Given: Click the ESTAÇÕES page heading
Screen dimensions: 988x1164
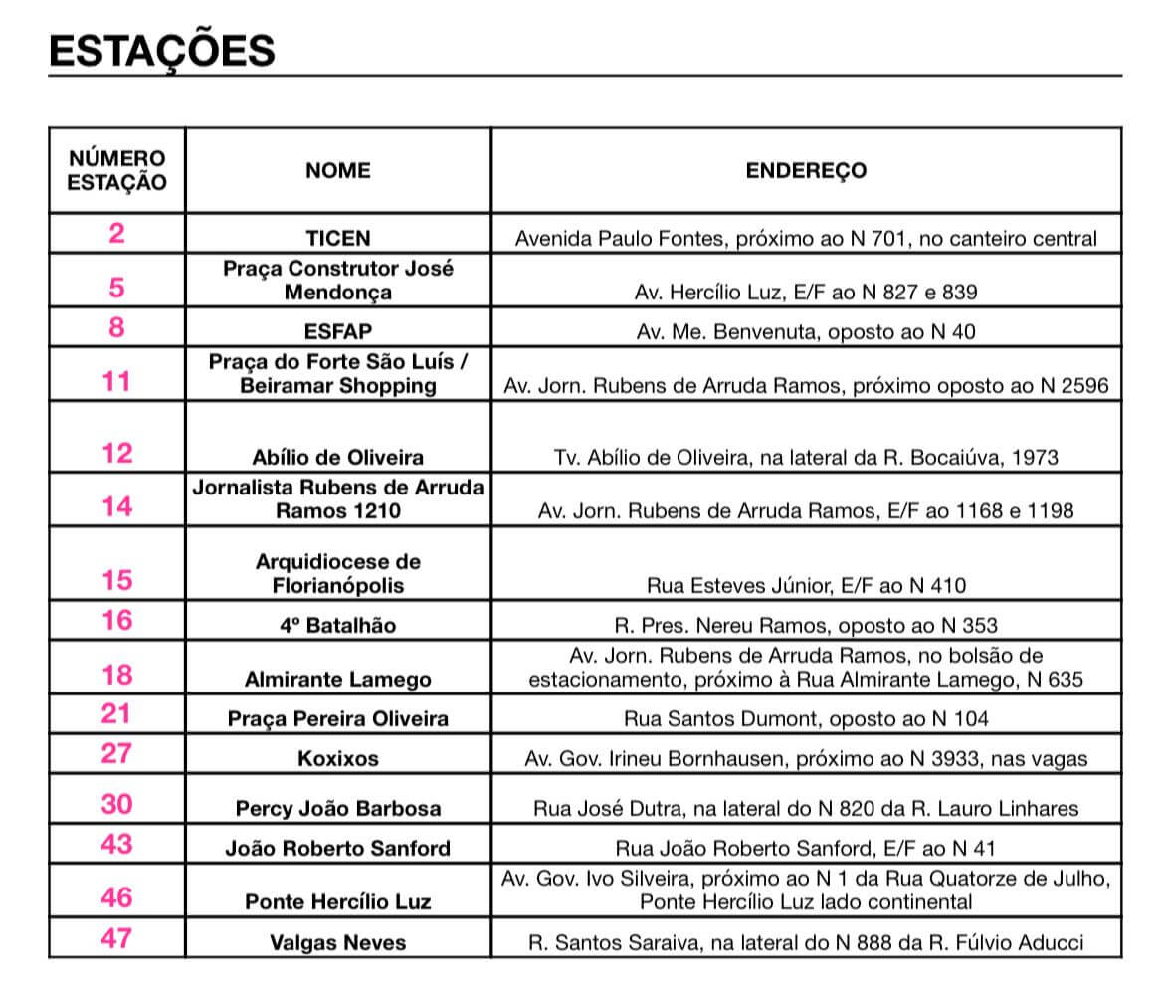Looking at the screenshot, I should coord(162,49).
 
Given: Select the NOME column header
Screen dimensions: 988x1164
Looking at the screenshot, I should coord(338,170).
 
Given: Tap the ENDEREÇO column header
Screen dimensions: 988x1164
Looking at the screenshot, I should coord(806,170).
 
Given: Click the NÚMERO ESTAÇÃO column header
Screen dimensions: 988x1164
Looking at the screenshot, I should coord(117,170).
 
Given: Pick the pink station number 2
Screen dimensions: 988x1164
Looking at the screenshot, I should coord(117,234).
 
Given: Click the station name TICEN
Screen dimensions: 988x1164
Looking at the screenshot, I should coord(338,239).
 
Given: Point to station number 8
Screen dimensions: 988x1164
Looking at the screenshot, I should coord(117,327).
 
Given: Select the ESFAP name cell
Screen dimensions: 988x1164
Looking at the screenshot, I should coord(338,331).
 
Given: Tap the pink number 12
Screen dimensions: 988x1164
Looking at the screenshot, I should coord(117,454).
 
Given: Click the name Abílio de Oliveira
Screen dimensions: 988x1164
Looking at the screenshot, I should coord(338,458).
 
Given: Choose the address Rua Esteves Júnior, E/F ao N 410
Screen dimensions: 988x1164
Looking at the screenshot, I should coord(806,585).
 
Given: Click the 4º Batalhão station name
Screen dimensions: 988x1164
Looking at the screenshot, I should coord(338,625).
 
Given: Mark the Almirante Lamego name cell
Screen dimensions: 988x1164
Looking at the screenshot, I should coord(338,680).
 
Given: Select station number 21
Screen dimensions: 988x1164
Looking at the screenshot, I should coord(117,713).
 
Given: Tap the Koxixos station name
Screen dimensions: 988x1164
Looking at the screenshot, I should coord(338,758).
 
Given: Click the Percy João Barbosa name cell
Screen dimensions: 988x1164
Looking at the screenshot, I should coord(338,808).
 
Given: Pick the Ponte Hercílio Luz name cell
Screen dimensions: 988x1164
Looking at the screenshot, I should coord(338,902).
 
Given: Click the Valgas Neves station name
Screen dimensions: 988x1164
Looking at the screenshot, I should coord(338,942).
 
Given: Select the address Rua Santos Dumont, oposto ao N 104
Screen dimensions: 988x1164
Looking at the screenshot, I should coord(806,718).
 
